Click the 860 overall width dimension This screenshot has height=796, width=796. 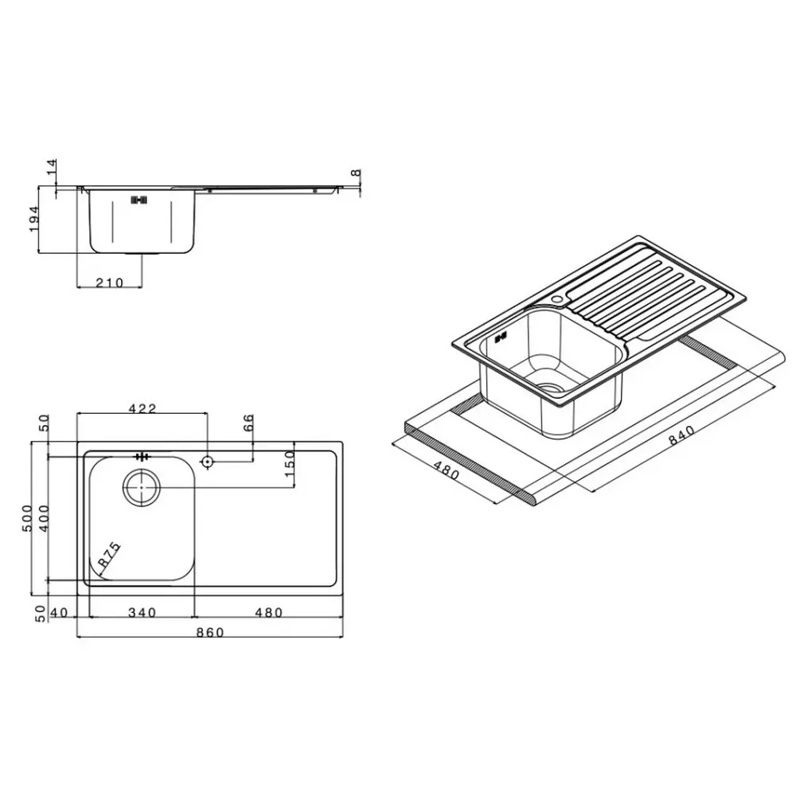pos(210,632)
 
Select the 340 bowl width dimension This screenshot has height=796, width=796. pos(142,613)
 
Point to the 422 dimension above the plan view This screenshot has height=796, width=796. pos(142,408)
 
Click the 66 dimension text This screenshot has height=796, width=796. pos(248,423)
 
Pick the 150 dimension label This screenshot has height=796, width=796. pos(290,463)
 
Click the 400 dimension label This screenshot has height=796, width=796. pos(44,518)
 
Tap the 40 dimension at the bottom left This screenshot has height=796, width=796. pos(60,613)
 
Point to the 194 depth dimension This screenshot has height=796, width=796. pos(34,220)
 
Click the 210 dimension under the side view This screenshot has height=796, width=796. pos(110,283)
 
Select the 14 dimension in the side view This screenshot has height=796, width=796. pos(53,167)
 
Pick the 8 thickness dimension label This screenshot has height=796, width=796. pos(356,173)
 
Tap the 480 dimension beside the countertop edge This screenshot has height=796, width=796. pos(447,470)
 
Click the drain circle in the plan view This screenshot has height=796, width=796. pos(142,487)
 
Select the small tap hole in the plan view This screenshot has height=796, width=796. pos(207,462)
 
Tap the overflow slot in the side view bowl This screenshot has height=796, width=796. pos(139,200)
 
